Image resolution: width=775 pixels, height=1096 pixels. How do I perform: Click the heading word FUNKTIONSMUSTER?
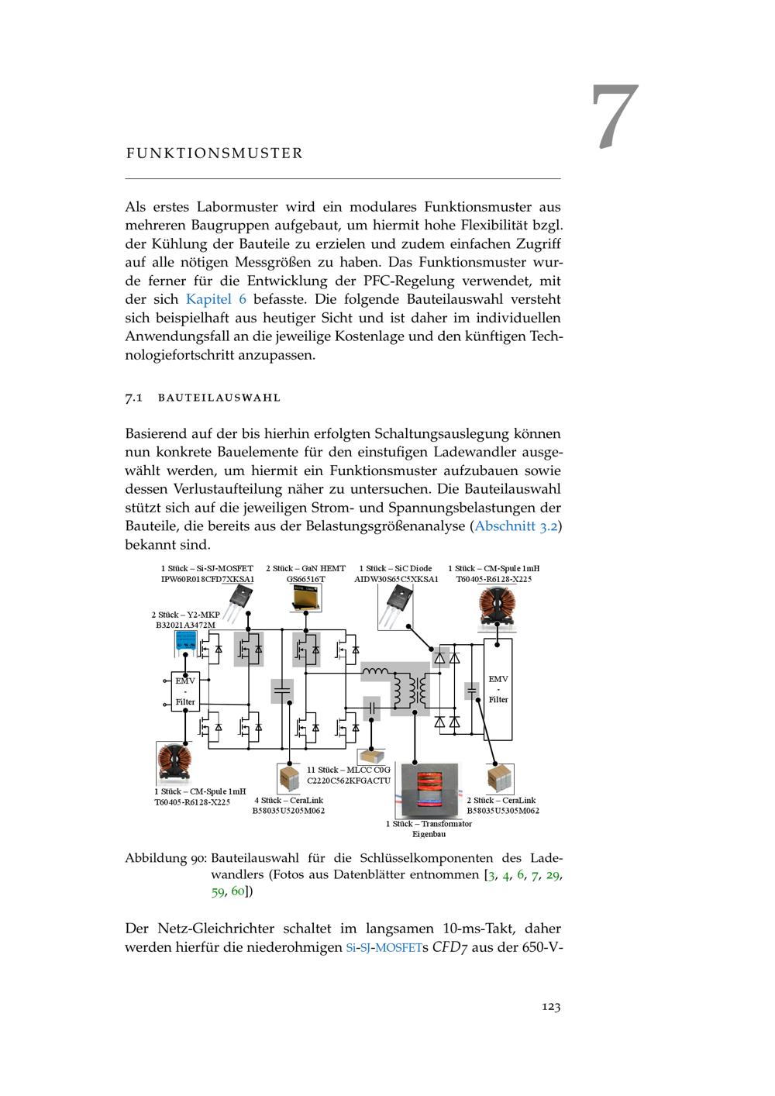[214, 153]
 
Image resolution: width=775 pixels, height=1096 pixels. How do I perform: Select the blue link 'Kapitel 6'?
[216, 299]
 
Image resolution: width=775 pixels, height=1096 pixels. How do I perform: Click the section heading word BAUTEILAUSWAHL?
[219, 398]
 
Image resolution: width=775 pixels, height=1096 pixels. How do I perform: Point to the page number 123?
[550, 1007]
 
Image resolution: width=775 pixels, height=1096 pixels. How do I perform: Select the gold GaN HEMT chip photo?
[306, 598]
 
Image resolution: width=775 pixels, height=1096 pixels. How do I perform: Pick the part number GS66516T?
[306, 579]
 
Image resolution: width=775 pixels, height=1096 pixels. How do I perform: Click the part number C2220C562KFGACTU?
[349, 781]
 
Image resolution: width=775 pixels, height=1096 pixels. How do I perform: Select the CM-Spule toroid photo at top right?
[498, 606]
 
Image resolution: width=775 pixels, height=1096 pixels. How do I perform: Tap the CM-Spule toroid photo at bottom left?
[174, 762]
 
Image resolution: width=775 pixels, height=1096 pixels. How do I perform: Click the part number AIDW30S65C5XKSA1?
[396, 579]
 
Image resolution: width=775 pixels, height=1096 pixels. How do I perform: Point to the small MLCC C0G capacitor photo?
[370, 756]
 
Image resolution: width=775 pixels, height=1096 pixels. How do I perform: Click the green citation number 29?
[553, 875]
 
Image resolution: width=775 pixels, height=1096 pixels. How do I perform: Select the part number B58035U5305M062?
[502, 811]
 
